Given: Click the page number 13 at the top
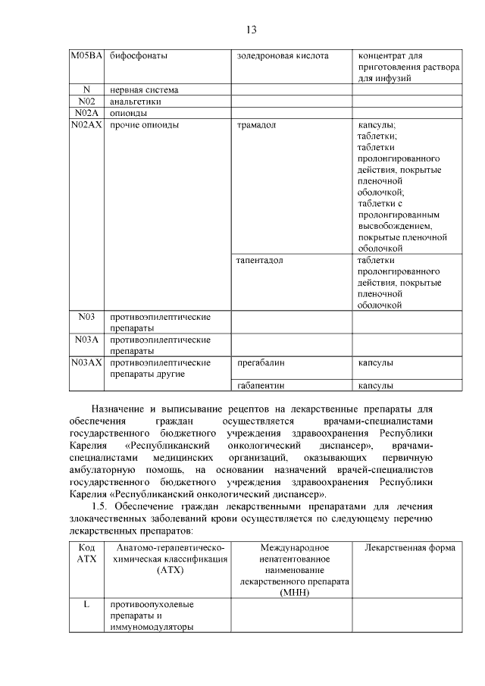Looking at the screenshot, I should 252,30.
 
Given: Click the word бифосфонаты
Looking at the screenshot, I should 139,56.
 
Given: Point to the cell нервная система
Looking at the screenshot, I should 144,89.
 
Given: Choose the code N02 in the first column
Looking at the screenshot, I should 86,101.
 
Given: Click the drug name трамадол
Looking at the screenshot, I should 258,124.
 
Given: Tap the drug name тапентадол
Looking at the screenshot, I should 260,260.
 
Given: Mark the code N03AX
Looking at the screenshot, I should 86,362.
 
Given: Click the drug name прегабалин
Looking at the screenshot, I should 261,362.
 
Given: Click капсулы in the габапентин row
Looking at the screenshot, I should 375,385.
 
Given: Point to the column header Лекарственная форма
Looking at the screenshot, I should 409,547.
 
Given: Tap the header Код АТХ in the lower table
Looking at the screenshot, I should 86,553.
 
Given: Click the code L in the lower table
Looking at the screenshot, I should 86,604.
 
